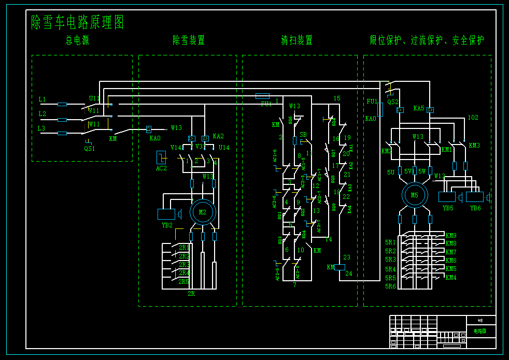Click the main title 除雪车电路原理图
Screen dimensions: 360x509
(x=78, y=22)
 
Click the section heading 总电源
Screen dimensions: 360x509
(x=77, y=40)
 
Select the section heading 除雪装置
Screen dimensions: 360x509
(x=189, y=40)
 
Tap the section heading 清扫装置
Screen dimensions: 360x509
(x=297, y=40)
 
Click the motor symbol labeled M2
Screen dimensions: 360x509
(x=202, y=212)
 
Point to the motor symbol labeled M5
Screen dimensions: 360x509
(x=414, y=195)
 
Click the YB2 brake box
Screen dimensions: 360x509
(x=166, y=214)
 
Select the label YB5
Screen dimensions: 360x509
(x=447, y=208)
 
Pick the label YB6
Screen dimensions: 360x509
(x=475, y=208)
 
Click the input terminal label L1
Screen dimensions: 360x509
(x=43, y=99)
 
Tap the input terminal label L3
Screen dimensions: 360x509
(x=41, y=128)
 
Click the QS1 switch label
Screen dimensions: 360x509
(x=90, y=148)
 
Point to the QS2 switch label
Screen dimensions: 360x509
(x=393, y=102)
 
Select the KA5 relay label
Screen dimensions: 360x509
(x=419, y=109)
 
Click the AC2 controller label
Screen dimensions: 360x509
(x=162, y=168)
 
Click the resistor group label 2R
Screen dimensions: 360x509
(x=191, y=294)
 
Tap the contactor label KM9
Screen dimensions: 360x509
(x=451, y=236)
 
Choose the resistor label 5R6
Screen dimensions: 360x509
(x=390, y=286)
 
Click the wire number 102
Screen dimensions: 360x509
(x=473, y=118)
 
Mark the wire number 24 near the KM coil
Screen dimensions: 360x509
(x=349, y=273)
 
